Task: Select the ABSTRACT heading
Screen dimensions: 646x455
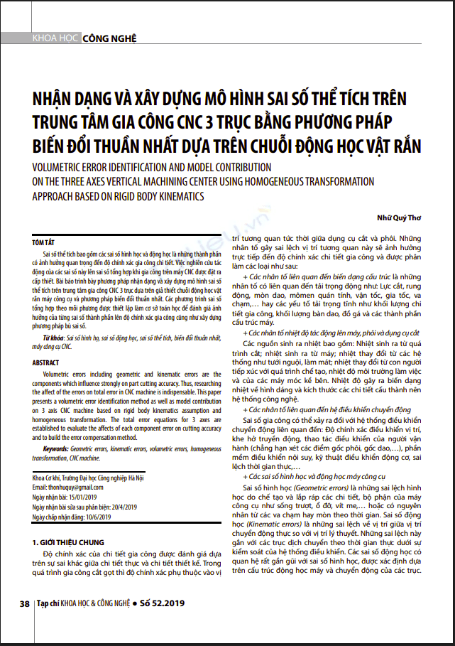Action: coord(46,362)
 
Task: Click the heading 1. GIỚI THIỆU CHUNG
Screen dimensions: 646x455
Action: coord(72,522)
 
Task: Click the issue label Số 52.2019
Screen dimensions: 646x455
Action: coord(163,603)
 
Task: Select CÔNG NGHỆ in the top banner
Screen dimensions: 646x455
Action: coord(109,38)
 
